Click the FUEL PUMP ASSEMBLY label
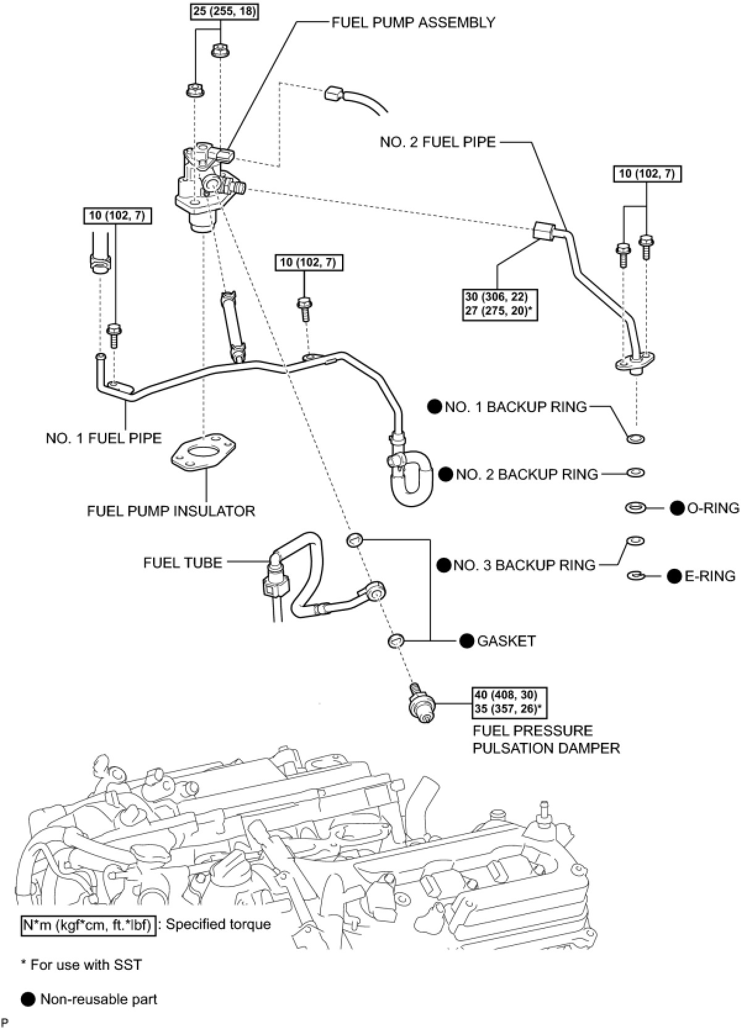413,23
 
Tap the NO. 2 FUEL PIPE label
437,143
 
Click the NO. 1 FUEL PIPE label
103,438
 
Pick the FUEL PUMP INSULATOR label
171,511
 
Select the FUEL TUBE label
183,562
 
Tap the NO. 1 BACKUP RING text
515,407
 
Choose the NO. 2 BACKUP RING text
527,474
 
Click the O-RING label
713,508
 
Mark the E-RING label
710,576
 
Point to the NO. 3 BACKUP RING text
524,565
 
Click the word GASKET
506,641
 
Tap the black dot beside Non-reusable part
28,999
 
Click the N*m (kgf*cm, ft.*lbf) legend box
87,924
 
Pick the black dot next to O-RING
677,508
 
